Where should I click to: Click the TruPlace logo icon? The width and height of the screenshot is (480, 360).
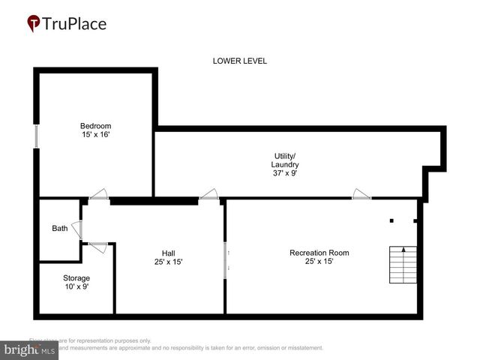pyautogui.click(x=34, y=24)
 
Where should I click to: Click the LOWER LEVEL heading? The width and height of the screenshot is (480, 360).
pyautogui.click(x=239, y=61)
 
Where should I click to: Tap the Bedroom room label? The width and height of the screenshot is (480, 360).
pyautogui.click(x=95, y=125)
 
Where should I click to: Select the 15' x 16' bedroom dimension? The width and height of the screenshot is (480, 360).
pyautogui.click(x=95, y=134)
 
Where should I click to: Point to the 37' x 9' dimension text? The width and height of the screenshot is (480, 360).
pyautogui.click(x=285, y=173)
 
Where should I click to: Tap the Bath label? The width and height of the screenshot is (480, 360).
pyautogui.click(x=59, y=229)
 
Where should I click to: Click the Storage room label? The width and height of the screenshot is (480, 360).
pyautogui.click(x=76, y=278)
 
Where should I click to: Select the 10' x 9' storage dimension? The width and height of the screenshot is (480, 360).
pyautogui.click(x=76, y=287)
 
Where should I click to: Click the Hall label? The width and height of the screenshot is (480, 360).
pyautogui.click(x=168, y=253)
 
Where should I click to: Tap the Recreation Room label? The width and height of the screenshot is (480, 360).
pyautogui.click(x=319, y=253)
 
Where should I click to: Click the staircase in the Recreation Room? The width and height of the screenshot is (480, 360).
pyautogui.click(x=403, y=267)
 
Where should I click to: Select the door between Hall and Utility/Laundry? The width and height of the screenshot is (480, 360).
pyautogui.click(x=209, y=195)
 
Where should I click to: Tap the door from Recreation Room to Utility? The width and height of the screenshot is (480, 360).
pyautogui.click(x=362, y=195)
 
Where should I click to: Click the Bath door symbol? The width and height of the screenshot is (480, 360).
pyautogui.click(x=77, y=229)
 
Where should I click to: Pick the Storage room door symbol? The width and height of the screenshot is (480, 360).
pyautogui.click(x=98, y=245)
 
